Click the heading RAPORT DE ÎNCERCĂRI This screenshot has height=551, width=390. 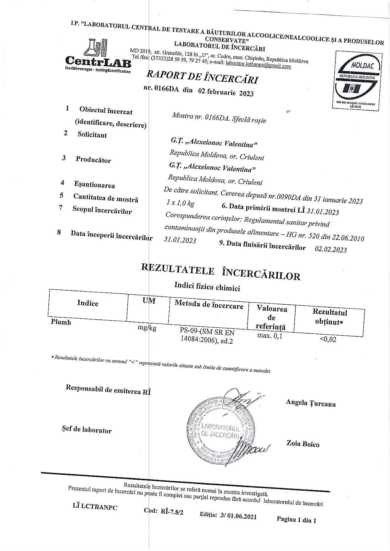202,77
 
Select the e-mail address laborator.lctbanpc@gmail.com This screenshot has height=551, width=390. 258,64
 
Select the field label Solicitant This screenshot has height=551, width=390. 92,135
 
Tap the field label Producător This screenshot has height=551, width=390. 93,160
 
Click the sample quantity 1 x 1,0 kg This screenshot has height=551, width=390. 181,203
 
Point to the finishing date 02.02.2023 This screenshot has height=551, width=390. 331,249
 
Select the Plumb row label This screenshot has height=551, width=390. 61,322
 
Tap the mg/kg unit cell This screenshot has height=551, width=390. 147,328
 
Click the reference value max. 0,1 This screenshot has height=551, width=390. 270,336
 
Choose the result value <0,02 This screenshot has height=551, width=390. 328,339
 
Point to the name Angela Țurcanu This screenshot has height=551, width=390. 310,403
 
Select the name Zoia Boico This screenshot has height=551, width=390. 303,444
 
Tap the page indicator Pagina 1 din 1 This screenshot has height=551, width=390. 296,520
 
